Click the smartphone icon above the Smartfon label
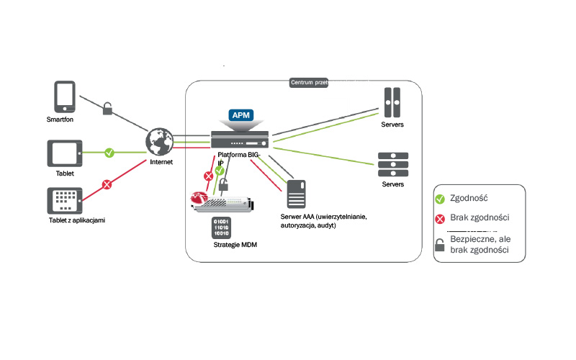(x=65, y=96)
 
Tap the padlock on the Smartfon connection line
(x=107, y=109)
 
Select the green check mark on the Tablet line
(x=109, y=152)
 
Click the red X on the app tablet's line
(x=107, y=185)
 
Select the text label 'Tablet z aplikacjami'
(x=77, y=219)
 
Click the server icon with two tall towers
(x=392, y=102)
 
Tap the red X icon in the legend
(x=439, y=217)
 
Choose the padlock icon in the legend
(x=439, y=245)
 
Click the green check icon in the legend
(x=439, y=197)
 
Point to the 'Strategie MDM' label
(x=235, y=245)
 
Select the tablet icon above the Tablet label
(x=65, y=153)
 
